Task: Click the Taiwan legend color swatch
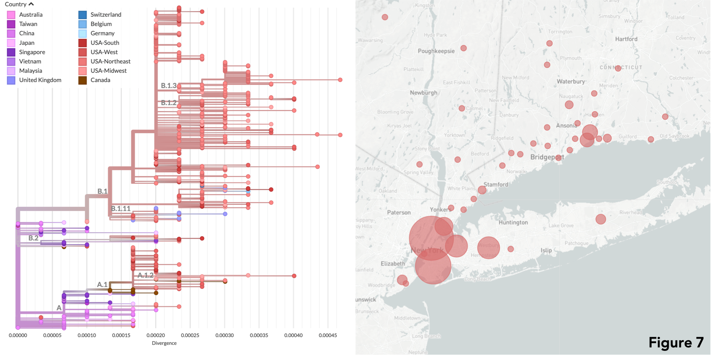click(x=11, y=24)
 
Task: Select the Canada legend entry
click(x=100, y=80)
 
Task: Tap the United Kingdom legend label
click(x=40, y=80)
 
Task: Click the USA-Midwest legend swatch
click(x=82, y=71)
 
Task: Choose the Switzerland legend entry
click(x=105, y=15)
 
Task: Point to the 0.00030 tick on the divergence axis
click(x=224, y=335)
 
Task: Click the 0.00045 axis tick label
click(x=327, y=335)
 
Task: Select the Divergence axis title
click(x=164, y=343)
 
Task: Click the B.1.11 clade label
click(x=121, y=208)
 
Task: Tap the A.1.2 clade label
click(x=145, y=275)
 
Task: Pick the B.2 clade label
click(x=34, y=238)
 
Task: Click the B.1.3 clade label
click(x=169, y=86)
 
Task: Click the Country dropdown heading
click(x=19, y=4)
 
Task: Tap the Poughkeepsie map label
click(x=436, y=51)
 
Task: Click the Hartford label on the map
click(x=626, y=39)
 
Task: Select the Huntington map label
click(x=513, y=222)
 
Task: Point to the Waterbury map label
click(x=571, y=81)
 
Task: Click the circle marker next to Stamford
click(x=482, y=190)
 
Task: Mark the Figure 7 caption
click(x=676, y=342)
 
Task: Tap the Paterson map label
click(x=399, y=213)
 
